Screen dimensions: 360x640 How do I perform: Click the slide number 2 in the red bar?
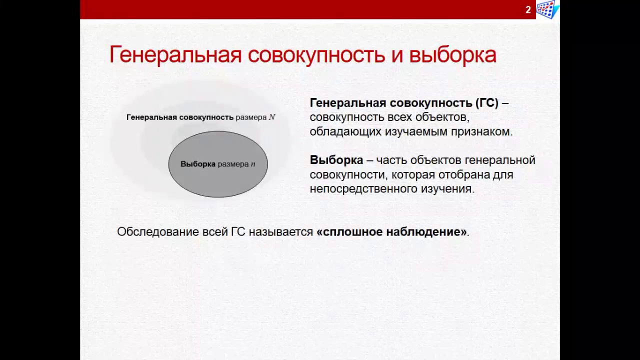click(528, 9)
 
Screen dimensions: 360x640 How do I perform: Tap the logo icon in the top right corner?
click(547, 9)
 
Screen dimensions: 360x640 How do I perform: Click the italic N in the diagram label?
click(272, 117)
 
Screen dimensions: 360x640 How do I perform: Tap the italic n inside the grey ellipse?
click(253, 164)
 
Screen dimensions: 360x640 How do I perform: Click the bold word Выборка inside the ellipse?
click(197, 164)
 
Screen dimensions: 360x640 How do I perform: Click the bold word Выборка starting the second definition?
click(336, 160)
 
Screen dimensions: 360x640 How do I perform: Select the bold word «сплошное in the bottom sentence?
click(347, 231)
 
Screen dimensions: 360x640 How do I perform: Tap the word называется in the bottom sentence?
click(280, 231)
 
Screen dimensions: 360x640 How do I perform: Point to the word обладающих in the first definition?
click(345, 132)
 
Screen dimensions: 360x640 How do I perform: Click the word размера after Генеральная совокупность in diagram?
click(251, 117)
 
